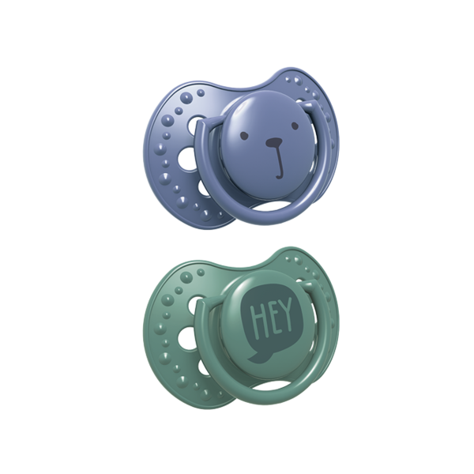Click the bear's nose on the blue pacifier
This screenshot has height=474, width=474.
click(x=274, y=141)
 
